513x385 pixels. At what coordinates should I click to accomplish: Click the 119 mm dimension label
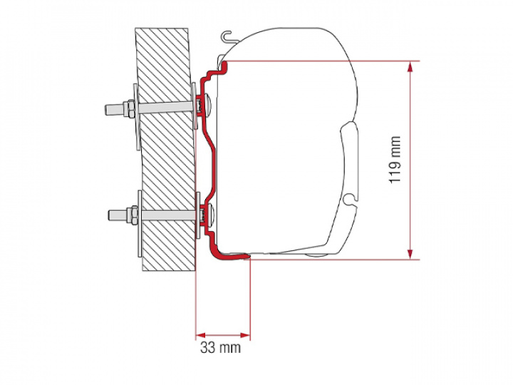click(395, 160)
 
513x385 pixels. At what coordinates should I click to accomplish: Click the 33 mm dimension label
click(220, 348)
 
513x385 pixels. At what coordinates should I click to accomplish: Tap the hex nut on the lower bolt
click(130, 214)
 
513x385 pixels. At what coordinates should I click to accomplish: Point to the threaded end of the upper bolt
click(113, 110)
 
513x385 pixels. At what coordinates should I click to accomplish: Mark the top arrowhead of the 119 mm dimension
click(410, 67)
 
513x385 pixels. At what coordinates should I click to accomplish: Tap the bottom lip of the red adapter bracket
click(232, 252)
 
